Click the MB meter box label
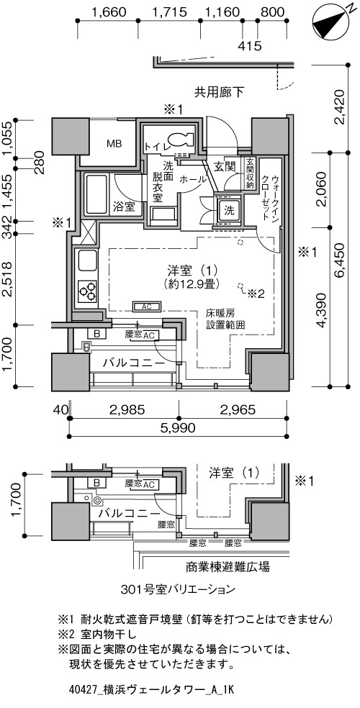[x=114, y=144]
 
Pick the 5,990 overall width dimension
[x=179, y=427]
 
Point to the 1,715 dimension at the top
[x=169, y=12]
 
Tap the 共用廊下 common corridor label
[x=219, y=93]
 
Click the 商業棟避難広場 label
[x=228, y=566]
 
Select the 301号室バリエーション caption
[x=178, y=589]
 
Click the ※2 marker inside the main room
[x=256, y=294]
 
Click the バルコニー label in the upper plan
[x=133, y=363]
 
